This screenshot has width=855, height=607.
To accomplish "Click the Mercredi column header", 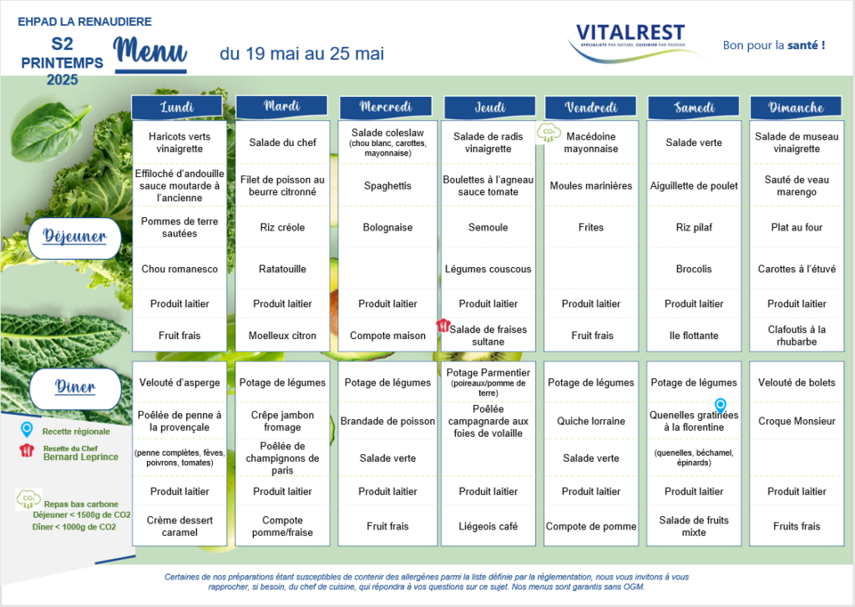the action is point(386,107).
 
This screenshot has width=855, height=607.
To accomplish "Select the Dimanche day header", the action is point(796,108).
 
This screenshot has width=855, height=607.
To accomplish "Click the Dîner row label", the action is point(75,387).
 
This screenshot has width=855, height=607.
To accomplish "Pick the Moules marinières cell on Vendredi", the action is point(591,186).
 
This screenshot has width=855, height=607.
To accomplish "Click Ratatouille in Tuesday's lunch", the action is point(282,269).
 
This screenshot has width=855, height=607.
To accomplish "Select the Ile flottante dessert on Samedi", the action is point(694,336).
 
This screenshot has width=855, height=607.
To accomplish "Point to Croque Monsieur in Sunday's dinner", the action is point(797,421).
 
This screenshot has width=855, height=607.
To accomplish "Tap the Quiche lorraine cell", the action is point(591,421).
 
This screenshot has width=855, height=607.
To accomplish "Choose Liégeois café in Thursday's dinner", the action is point(488,526).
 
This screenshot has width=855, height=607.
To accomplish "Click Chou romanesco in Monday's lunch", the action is point(180,269).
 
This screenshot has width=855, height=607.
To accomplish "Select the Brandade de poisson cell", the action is point(387,421).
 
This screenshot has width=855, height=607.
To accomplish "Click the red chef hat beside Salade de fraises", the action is point(443,325).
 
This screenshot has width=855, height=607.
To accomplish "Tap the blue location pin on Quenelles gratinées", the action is point(721,406).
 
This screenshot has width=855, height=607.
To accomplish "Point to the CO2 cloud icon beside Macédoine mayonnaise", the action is point(549,133).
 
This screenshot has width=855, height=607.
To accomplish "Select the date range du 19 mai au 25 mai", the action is point(302,53).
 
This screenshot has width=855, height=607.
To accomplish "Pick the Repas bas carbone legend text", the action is point(81,504).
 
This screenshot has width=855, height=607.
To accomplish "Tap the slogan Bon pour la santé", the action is point(774,45).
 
